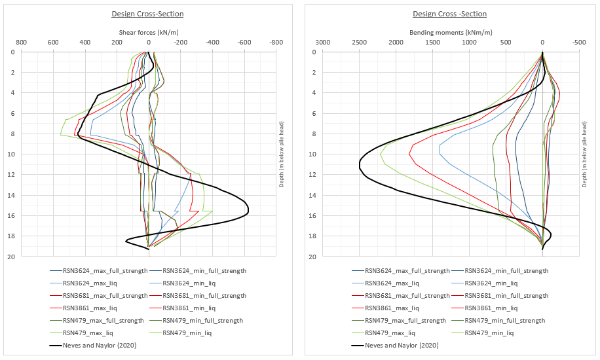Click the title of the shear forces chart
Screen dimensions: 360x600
[x=147, y=14]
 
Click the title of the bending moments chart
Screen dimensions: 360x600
[x=449, y=14]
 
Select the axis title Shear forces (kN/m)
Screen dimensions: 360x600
[x=149, y=31]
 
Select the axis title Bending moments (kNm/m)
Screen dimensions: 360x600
[x=451, y=31]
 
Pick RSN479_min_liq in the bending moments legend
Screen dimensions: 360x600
[x=489, y=333]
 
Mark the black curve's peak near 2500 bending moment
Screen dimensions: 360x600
[x=360, y=164]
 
